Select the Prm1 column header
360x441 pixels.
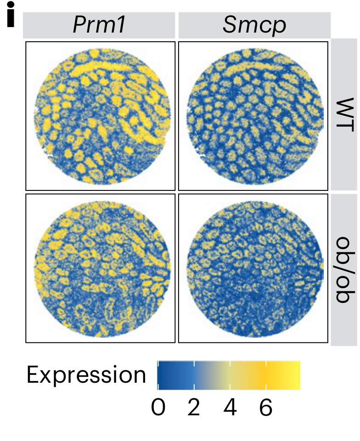[99, 26]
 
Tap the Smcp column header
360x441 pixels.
[254, 26]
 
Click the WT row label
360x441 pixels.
[345, 115]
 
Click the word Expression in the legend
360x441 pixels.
[86, 375]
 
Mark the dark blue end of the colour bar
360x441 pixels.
[161, 375]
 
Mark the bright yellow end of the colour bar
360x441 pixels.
[297, 375]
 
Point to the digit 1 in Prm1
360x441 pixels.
[121, 26]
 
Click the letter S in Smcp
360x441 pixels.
[230, 26]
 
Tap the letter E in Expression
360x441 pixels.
[33, 375]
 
